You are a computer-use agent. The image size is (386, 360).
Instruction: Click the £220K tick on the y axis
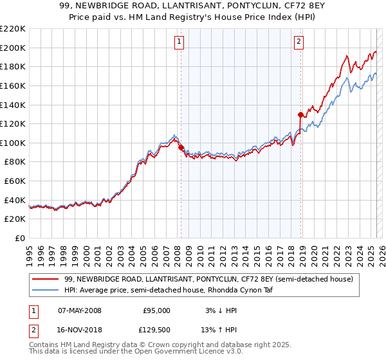point(14,29)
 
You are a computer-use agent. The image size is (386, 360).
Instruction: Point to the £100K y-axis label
point(14,143)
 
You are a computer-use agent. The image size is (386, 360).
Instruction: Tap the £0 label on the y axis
point(19,238)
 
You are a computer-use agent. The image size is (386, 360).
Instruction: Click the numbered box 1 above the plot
point(178,42)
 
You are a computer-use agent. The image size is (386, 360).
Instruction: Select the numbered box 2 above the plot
point(299,42)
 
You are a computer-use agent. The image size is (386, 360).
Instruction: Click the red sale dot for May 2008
point(180,148)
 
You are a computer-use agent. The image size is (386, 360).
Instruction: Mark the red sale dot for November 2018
point(300,115)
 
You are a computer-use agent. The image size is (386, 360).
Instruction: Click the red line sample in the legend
point(45,280)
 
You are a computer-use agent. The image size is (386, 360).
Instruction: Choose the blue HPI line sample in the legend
point(45,290)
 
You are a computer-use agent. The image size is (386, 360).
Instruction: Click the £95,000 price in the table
point(156,310)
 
